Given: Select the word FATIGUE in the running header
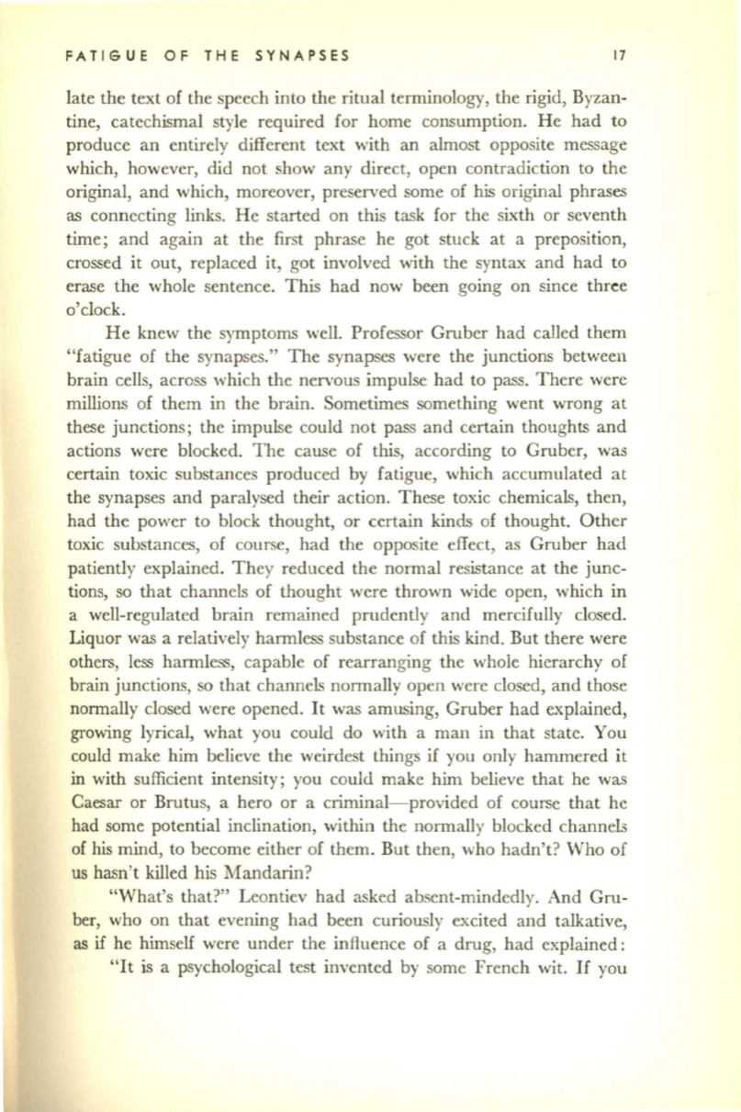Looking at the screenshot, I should [102, 54].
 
